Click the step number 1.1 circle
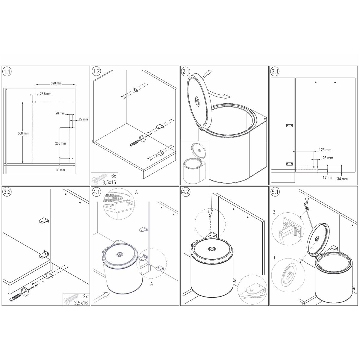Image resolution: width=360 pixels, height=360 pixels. [7, 72]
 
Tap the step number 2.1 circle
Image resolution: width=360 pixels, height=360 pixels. [185, 72]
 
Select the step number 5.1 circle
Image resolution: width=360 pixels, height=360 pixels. [275, 192]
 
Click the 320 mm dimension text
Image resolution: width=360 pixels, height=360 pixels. [56, 83]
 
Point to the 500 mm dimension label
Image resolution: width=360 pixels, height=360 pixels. [23, 133]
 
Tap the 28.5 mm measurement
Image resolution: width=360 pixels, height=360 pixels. [46, 94]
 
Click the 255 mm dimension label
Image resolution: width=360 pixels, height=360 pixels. [60, 143]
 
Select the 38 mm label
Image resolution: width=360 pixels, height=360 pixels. [60, 170]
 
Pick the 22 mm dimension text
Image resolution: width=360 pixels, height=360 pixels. [83, 119]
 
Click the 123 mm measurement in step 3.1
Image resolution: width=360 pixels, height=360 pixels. [325, 150]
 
